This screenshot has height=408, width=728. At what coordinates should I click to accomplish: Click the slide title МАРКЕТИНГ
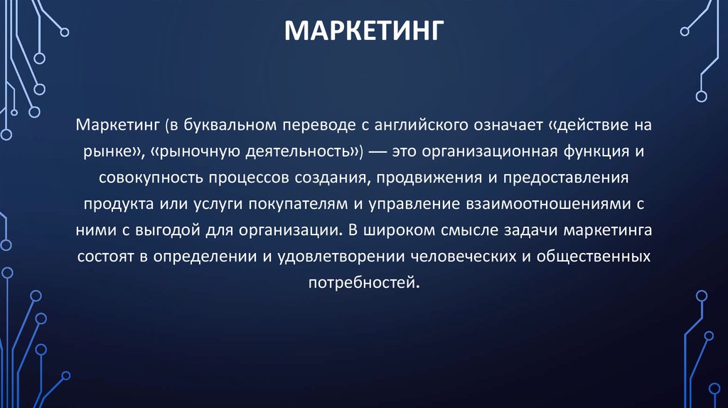click(364, 32)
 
